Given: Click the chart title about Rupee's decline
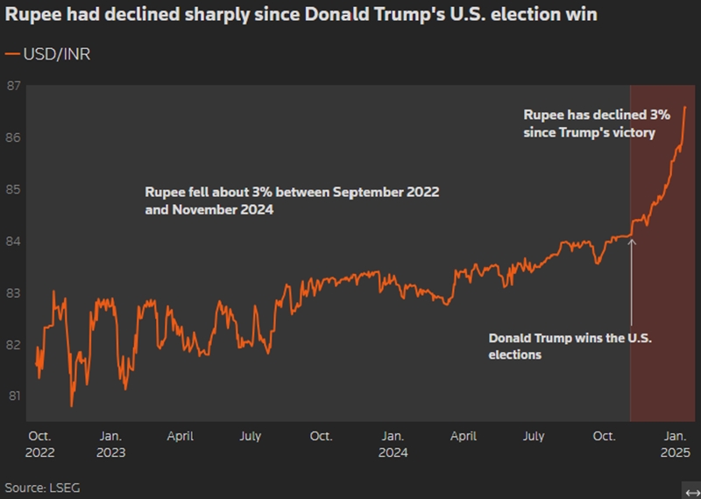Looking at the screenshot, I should coord(301,15).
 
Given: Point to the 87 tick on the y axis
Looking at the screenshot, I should coord(13,86).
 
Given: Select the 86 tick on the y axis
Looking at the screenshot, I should coord(13,137).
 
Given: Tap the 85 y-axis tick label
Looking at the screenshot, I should coord(13,189).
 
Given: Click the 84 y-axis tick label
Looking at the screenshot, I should coord(13,241).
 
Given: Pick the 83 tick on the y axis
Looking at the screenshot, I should coord(13,292).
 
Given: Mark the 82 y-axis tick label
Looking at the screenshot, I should coord(13,344).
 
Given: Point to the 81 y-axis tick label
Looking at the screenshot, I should coord(13,396).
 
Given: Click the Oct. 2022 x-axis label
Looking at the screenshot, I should coord(40,444).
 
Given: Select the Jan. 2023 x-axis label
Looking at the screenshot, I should coord(110,444).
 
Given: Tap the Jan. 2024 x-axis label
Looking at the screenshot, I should coord(393,444).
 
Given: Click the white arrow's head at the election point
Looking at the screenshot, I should coord(632,241).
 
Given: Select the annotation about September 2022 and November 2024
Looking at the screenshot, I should coord(292,200).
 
